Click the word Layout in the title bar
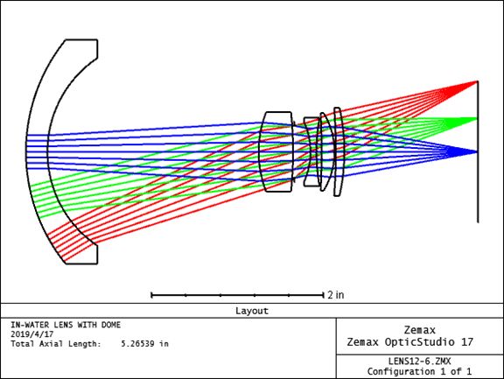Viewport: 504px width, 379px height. click(x=252, y=311)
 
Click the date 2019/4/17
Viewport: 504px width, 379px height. click(x=31, y=334)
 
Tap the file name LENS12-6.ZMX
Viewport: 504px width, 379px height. click(x=419, y=361)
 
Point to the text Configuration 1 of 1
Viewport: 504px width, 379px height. click(x=419, y=372)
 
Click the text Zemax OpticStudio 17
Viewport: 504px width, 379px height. click(x=409, y=342)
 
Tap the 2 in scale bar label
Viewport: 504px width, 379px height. click(x=336, y=295)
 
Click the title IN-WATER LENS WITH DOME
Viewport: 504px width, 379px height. click(x=66, y=325)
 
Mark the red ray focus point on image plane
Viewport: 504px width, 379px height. click(x=478, y=81)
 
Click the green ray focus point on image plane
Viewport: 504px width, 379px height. click(x=478, y=119)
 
